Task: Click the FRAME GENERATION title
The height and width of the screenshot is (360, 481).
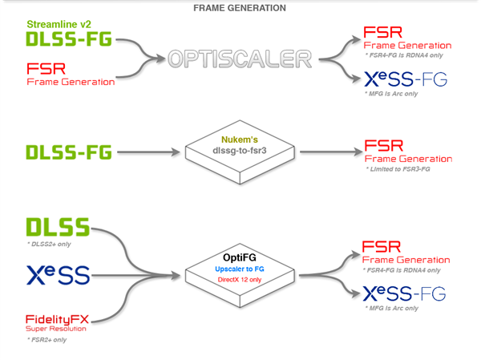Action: [240, 8]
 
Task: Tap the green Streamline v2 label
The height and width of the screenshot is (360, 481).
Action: [59, 24]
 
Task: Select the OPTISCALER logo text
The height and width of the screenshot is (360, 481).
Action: [240, 59]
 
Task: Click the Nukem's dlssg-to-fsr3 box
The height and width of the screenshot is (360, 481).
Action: [240, 152]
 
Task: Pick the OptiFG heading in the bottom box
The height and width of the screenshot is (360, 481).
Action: [240, 257]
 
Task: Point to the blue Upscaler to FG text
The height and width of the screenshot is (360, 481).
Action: [240, 269]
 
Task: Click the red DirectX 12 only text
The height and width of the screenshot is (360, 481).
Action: [240, 280]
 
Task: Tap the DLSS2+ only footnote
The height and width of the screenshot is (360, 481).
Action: [49, 245]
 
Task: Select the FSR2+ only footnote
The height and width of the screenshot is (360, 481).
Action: [47, 340]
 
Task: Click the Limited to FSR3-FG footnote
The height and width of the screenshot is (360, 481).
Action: [398, 169]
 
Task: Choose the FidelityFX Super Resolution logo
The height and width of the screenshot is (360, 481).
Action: [57, 323]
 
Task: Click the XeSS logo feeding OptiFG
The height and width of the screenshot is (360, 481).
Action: [59, 275]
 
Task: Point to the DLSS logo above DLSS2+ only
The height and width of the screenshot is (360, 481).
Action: [58, 227]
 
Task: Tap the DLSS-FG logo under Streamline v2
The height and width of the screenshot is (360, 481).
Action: [69, 39]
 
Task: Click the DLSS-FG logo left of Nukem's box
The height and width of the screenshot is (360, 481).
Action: [69, 152]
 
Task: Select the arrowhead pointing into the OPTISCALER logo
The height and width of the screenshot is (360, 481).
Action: [161, 59]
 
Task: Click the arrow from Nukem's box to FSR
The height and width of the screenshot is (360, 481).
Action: [331, 152]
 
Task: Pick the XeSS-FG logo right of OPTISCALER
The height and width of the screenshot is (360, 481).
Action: [406, 79]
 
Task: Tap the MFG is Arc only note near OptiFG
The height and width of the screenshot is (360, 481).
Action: [391, 308]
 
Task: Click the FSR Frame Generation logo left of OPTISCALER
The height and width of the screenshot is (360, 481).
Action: [71, 74]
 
